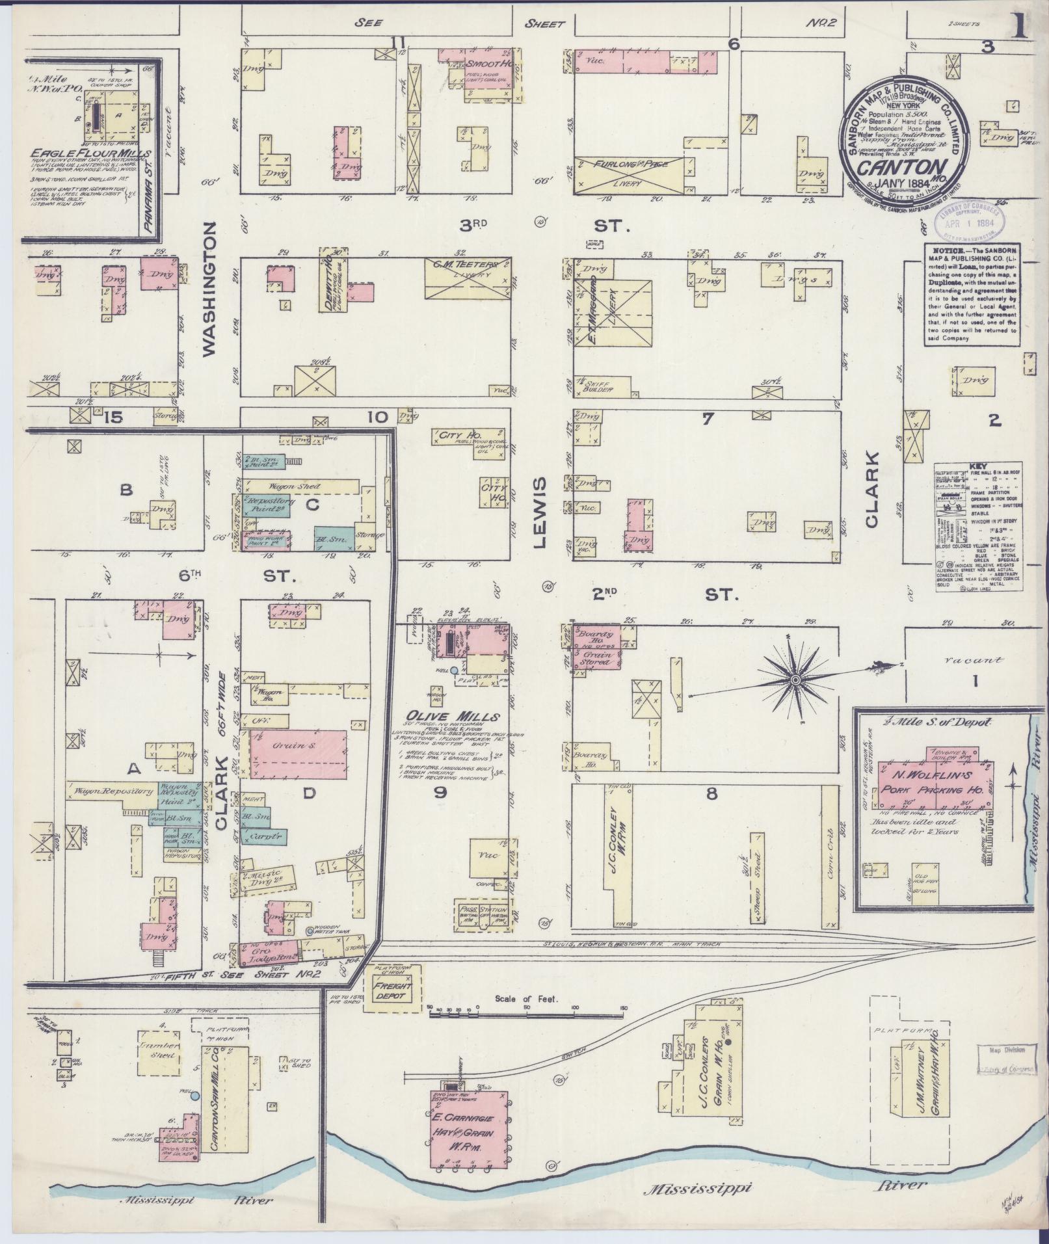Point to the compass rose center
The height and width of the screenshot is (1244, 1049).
[795, 680]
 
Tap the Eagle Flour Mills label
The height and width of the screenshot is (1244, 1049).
[90, 153]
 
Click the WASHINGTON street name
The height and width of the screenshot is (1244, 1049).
[208, 289]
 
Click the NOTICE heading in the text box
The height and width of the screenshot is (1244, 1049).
[947, 251]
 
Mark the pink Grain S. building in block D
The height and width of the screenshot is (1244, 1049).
[299, 754]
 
